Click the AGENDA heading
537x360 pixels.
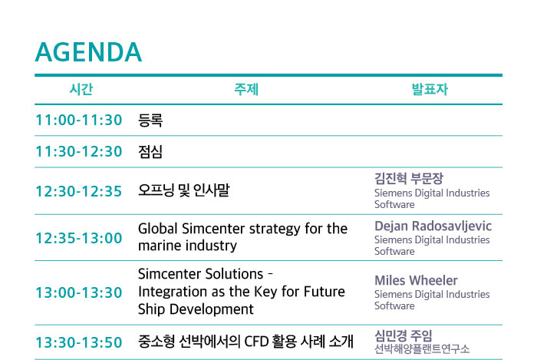pos(88,52)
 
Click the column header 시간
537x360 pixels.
pos(81,89)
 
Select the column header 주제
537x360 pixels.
pos(246,89)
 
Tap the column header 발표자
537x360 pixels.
pos(430,89)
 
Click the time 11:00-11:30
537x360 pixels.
pos(79,121)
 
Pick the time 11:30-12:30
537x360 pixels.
pos(79,151)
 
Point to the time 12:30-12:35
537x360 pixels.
pos(79,191)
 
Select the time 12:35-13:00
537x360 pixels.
pos(79,238)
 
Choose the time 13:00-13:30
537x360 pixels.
pos(79,292)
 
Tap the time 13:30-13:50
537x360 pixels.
pos(79,342)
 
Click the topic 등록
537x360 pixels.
pos(150,121)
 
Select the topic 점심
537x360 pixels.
pos(150,151)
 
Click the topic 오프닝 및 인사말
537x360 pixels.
pos(184,190)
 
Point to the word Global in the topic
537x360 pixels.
pos(158,229)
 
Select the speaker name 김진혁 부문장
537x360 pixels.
pos(409,178)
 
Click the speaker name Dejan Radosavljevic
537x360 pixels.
pos(433,226)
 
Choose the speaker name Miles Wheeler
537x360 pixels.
pos(416,280)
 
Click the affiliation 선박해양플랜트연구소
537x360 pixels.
pos(422,348)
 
